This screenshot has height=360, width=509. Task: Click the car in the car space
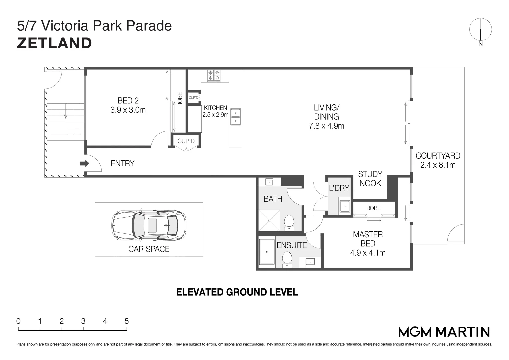(149, 225)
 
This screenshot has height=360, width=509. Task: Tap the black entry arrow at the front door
(84, 163)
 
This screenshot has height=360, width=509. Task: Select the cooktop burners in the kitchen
(214, 76)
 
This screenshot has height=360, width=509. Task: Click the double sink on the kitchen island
(235, 117)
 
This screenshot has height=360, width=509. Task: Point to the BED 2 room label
(128, 100)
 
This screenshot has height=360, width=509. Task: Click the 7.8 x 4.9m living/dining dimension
(327, 126)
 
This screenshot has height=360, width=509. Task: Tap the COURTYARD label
(438, 156)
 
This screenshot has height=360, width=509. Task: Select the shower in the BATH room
(269, 220)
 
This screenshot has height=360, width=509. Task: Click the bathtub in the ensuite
(267, 252)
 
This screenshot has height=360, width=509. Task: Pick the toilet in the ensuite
(287, 259)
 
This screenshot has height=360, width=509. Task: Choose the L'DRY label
(339, 188)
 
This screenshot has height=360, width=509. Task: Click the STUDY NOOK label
(370, 179)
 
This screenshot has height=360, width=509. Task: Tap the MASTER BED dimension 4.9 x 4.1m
(368, 253)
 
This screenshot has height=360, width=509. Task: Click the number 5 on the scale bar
(127, 321)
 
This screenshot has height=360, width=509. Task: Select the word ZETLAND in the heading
(54, 43)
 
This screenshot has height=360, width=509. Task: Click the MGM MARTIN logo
(444, 332)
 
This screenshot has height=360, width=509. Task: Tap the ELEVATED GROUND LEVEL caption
(237, 292)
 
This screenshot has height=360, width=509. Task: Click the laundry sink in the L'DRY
(345, 206)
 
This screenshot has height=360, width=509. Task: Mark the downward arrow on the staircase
(66, 111)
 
